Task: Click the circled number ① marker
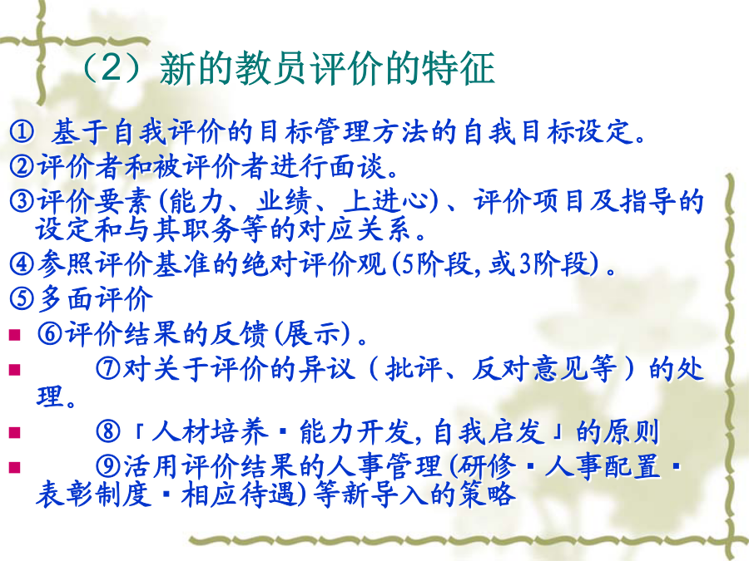pyautogui.click(x=22, y=131)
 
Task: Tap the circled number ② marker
pyautogui.click(x=22, y=165)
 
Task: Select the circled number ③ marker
pyautogui.click(x=22, y=201)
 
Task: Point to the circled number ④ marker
pyautogui.click(x=22, y=263)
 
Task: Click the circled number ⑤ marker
pyautogui.click(x=22, y=298)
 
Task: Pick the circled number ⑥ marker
pyautogui.click(x=50, y=333)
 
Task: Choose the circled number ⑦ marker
pyautogui.click(x=108, y=368)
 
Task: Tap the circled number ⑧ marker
pyautogui.click(x=108, y=431)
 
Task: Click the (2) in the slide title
pyautogui.click(x=114, y=67)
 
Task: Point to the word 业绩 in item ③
pyautogui.click(x=285, y=201)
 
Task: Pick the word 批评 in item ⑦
pyautogui.click(x=414, y=369)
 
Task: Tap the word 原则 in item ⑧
pyautogui.click(x=632, y=431)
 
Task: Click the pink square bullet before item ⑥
pyautogui.click(x=14, y=334)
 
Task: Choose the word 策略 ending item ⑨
pyautogui.click(x=488, y=495)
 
